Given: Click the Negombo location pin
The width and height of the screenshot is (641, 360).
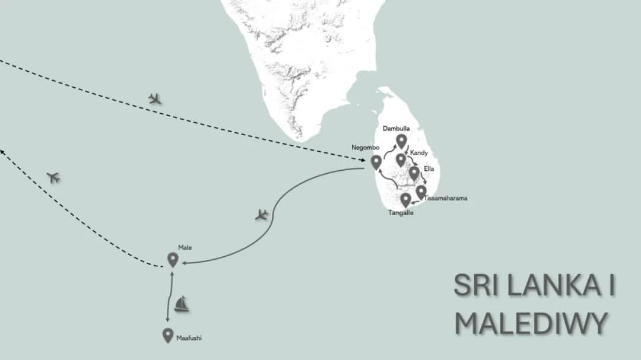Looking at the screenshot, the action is (376, 161).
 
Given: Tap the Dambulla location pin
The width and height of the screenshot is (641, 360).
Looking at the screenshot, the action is (401, 141).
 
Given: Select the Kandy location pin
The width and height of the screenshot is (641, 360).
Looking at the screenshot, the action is (401, 160).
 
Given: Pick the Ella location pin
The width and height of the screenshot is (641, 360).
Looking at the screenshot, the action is (414, 173).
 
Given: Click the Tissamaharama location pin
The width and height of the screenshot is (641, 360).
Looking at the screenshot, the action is (421, 192).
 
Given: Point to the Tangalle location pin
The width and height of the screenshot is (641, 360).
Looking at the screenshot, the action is (405, 199).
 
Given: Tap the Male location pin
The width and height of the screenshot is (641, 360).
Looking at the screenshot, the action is (173, 259).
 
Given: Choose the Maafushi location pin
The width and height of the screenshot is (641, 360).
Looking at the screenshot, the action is (168, 335).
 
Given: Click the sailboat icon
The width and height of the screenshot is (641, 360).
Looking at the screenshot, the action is (182, 304).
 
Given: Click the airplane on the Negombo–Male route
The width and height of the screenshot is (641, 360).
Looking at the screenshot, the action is (262, 215).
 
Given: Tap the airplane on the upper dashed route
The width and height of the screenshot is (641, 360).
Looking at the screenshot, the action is (155, 98).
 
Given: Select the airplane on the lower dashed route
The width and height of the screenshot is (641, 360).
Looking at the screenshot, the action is (53, 177).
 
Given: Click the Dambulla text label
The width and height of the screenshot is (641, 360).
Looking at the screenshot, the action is (396, 128).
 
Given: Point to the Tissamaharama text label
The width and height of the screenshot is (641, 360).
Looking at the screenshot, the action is (446, 198).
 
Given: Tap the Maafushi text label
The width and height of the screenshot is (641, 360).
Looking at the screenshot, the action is (189, 339).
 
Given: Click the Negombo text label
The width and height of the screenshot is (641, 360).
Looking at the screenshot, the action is (366, 147).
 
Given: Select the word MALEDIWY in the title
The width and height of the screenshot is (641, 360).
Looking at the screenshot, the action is (531, 323).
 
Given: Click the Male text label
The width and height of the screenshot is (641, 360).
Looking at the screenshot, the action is (185, 247).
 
